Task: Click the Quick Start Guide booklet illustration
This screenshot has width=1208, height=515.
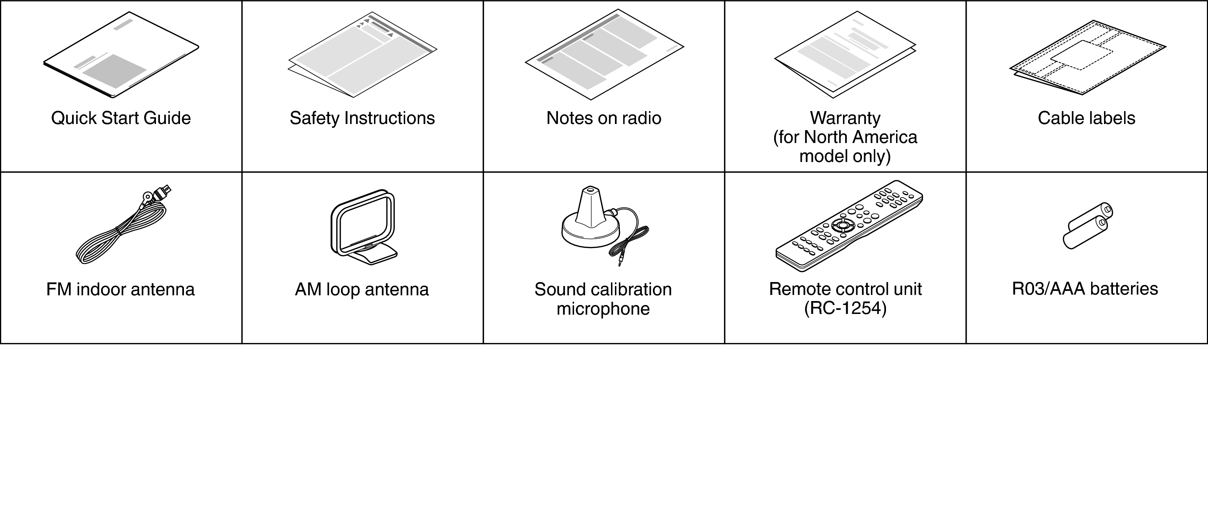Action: [x=121, y=55]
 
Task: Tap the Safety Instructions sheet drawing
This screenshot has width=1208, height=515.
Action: [x=362, y=55]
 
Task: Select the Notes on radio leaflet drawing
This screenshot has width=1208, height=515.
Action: [x=604, y=54]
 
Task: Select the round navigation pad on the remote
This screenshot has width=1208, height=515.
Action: [x=843, y=225]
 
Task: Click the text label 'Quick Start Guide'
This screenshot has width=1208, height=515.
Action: [x=121, y=118]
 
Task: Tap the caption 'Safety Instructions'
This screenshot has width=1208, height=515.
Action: [x=362, y=118]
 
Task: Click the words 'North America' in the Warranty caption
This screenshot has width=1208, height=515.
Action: [x=860, y=137]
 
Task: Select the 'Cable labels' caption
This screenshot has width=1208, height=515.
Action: [x=1086, y=118]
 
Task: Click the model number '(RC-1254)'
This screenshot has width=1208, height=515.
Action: [x=845, y=308]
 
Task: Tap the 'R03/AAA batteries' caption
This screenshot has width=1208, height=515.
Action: [x=1085, y=289]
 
